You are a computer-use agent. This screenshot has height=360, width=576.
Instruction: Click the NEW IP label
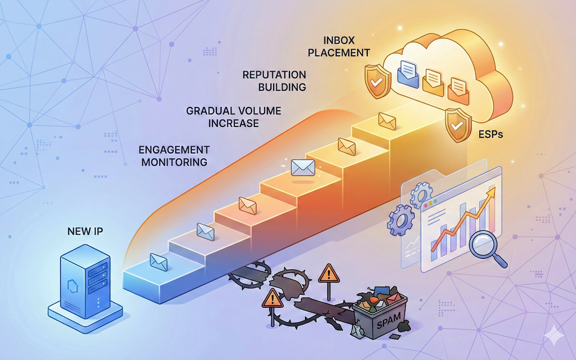(85, 231)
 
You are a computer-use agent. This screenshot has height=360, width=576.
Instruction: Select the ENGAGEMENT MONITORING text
(174, 156)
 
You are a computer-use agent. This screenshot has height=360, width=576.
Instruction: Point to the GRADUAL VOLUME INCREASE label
(233, 117)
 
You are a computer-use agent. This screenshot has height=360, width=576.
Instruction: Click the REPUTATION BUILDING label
(274, 81)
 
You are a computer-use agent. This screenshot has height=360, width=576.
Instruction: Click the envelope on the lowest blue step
(159, 262)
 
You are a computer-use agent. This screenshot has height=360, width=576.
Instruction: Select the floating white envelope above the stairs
(302, 167)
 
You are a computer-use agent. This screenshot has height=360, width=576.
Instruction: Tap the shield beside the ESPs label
(457, 125)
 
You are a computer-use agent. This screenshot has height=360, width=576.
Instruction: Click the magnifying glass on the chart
(484, 247)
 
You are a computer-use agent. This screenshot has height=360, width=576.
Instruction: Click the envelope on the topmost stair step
(387, 120)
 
